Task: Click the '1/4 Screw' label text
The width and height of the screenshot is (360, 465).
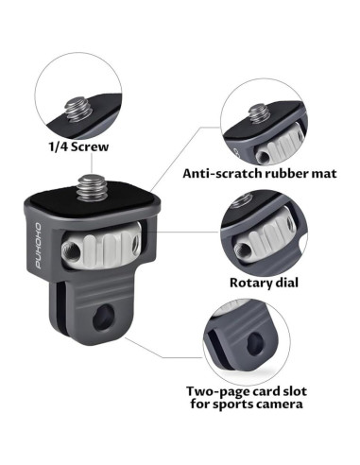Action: click(78, 147)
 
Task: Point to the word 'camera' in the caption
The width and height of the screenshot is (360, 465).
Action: click(278, 405)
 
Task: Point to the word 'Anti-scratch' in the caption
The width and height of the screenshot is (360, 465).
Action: click(216, 173)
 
